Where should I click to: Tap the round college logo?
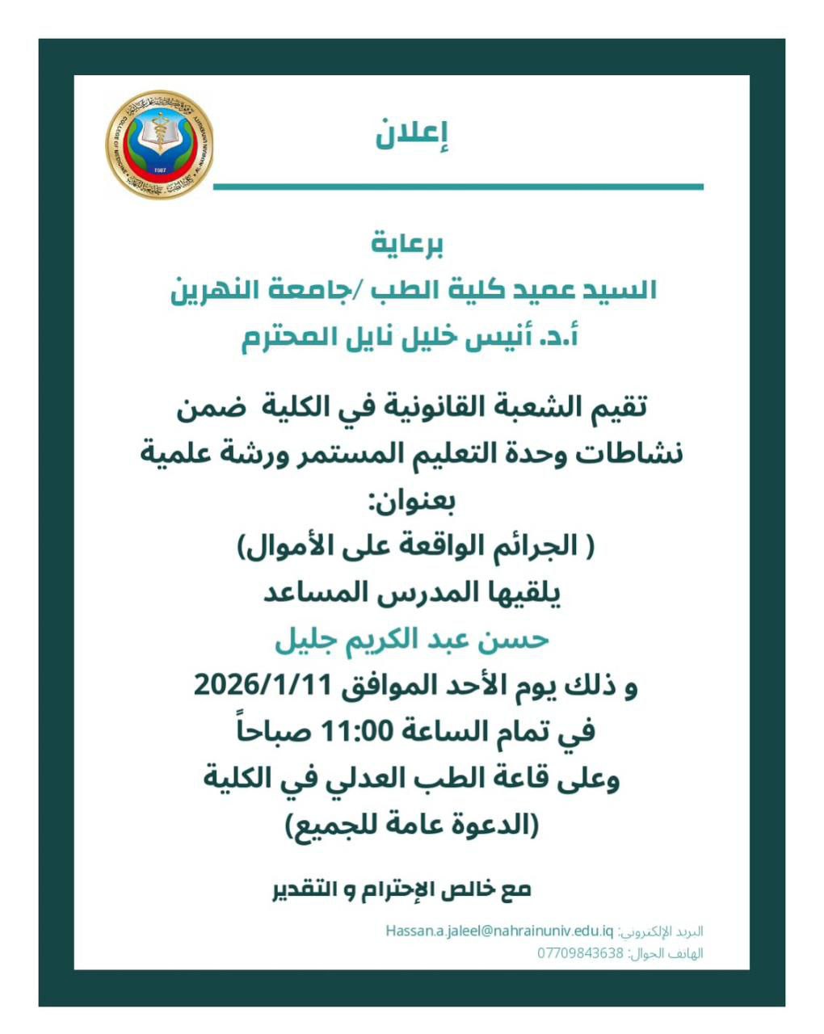tap(160, 145)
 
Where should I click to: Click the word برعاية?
tap(408, 243)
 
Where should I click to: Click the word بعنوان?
tap(412, 501)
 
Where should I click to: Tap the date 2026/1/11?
tap(263, 687)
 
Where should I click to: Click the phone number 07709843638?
tap(581, 953)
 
